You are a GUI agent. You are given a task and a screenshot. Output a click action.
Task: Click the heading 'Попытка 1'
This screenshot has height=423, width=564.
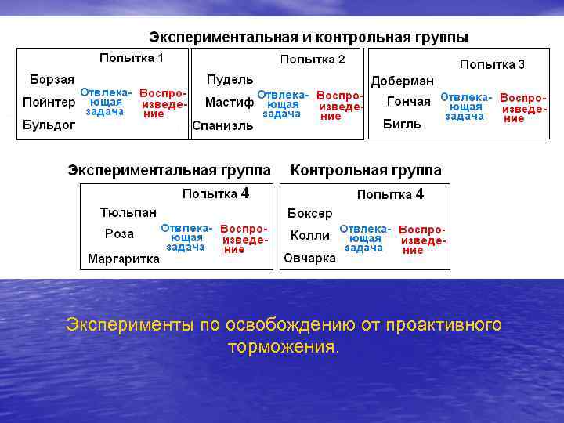(x=132, y=58)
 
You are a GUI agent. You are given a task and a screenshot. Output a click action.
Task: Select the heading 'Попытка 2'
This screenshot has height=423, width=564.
(x=313, y=60)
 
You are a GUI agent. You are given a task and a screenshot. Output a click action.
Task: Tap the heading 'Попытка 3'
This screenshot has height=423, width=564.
(x=492, y=64)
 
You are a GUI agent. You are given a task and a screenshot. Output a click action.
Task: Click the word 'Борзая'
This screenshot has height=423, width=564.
(x=52, y=79)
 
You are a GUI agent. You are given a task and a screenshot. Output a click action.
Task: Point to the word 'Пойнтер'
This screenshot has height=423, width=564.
(x=49, y=102)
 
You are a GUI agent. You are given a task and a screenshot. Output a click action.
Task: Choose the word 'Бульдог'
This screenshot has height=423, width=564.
(x=49, y=125)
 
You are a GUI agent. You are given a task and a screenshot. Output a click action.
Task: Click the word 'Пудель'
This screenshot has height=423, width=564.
(x=230, y=80)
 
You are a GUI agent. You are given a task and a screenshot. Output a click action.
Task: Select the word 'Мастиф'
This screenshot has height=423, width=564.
(x=230, y=102)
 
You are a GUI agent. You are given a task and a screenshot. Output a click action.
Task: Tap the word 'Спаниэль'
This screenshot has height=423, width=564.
(x=222, y=126)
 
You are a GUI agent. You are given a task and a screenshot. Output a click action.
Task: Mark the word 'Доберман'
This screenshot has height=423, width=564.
(x=402, y=81)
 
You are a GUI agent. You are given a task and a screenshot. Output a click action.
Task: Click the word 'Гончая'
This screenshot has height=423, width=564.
(x=409, y=101)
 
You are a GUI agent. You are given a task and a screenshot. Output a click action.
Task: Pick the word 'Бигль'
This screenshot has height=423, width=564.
(x=402, y=124)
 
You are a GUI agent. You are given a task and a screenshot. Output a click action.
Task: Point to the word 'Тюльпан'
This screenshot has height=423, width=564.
(x=128, y=212)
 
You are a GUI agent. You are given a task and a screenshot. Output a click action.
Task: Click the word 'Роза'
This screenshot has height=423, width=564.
(x=119, y=233)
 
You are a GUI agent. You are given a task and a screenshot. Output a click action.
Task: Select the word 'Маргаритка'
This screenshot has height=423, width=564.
(x=124, y=258)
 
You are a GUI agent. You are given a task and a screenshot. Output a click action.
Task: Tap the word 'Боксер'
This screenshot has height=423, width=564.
(x=310, y=213)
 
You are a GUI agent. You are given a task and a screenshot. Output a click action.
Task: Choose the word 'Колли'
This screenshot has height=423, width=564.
(x=310, y=235)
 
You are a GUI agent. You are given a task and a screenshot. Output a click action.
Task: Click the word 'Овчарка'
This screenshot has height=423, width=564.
(x=310, y=258)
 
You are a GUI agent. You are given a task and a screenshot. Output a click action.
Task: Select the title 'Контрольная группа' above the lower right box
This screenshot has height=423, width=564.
(x=366, y=170)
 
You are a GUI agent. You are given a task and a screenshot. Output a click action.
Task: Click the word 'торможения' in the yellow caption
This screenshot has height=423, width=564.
(x=283, y=346)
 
